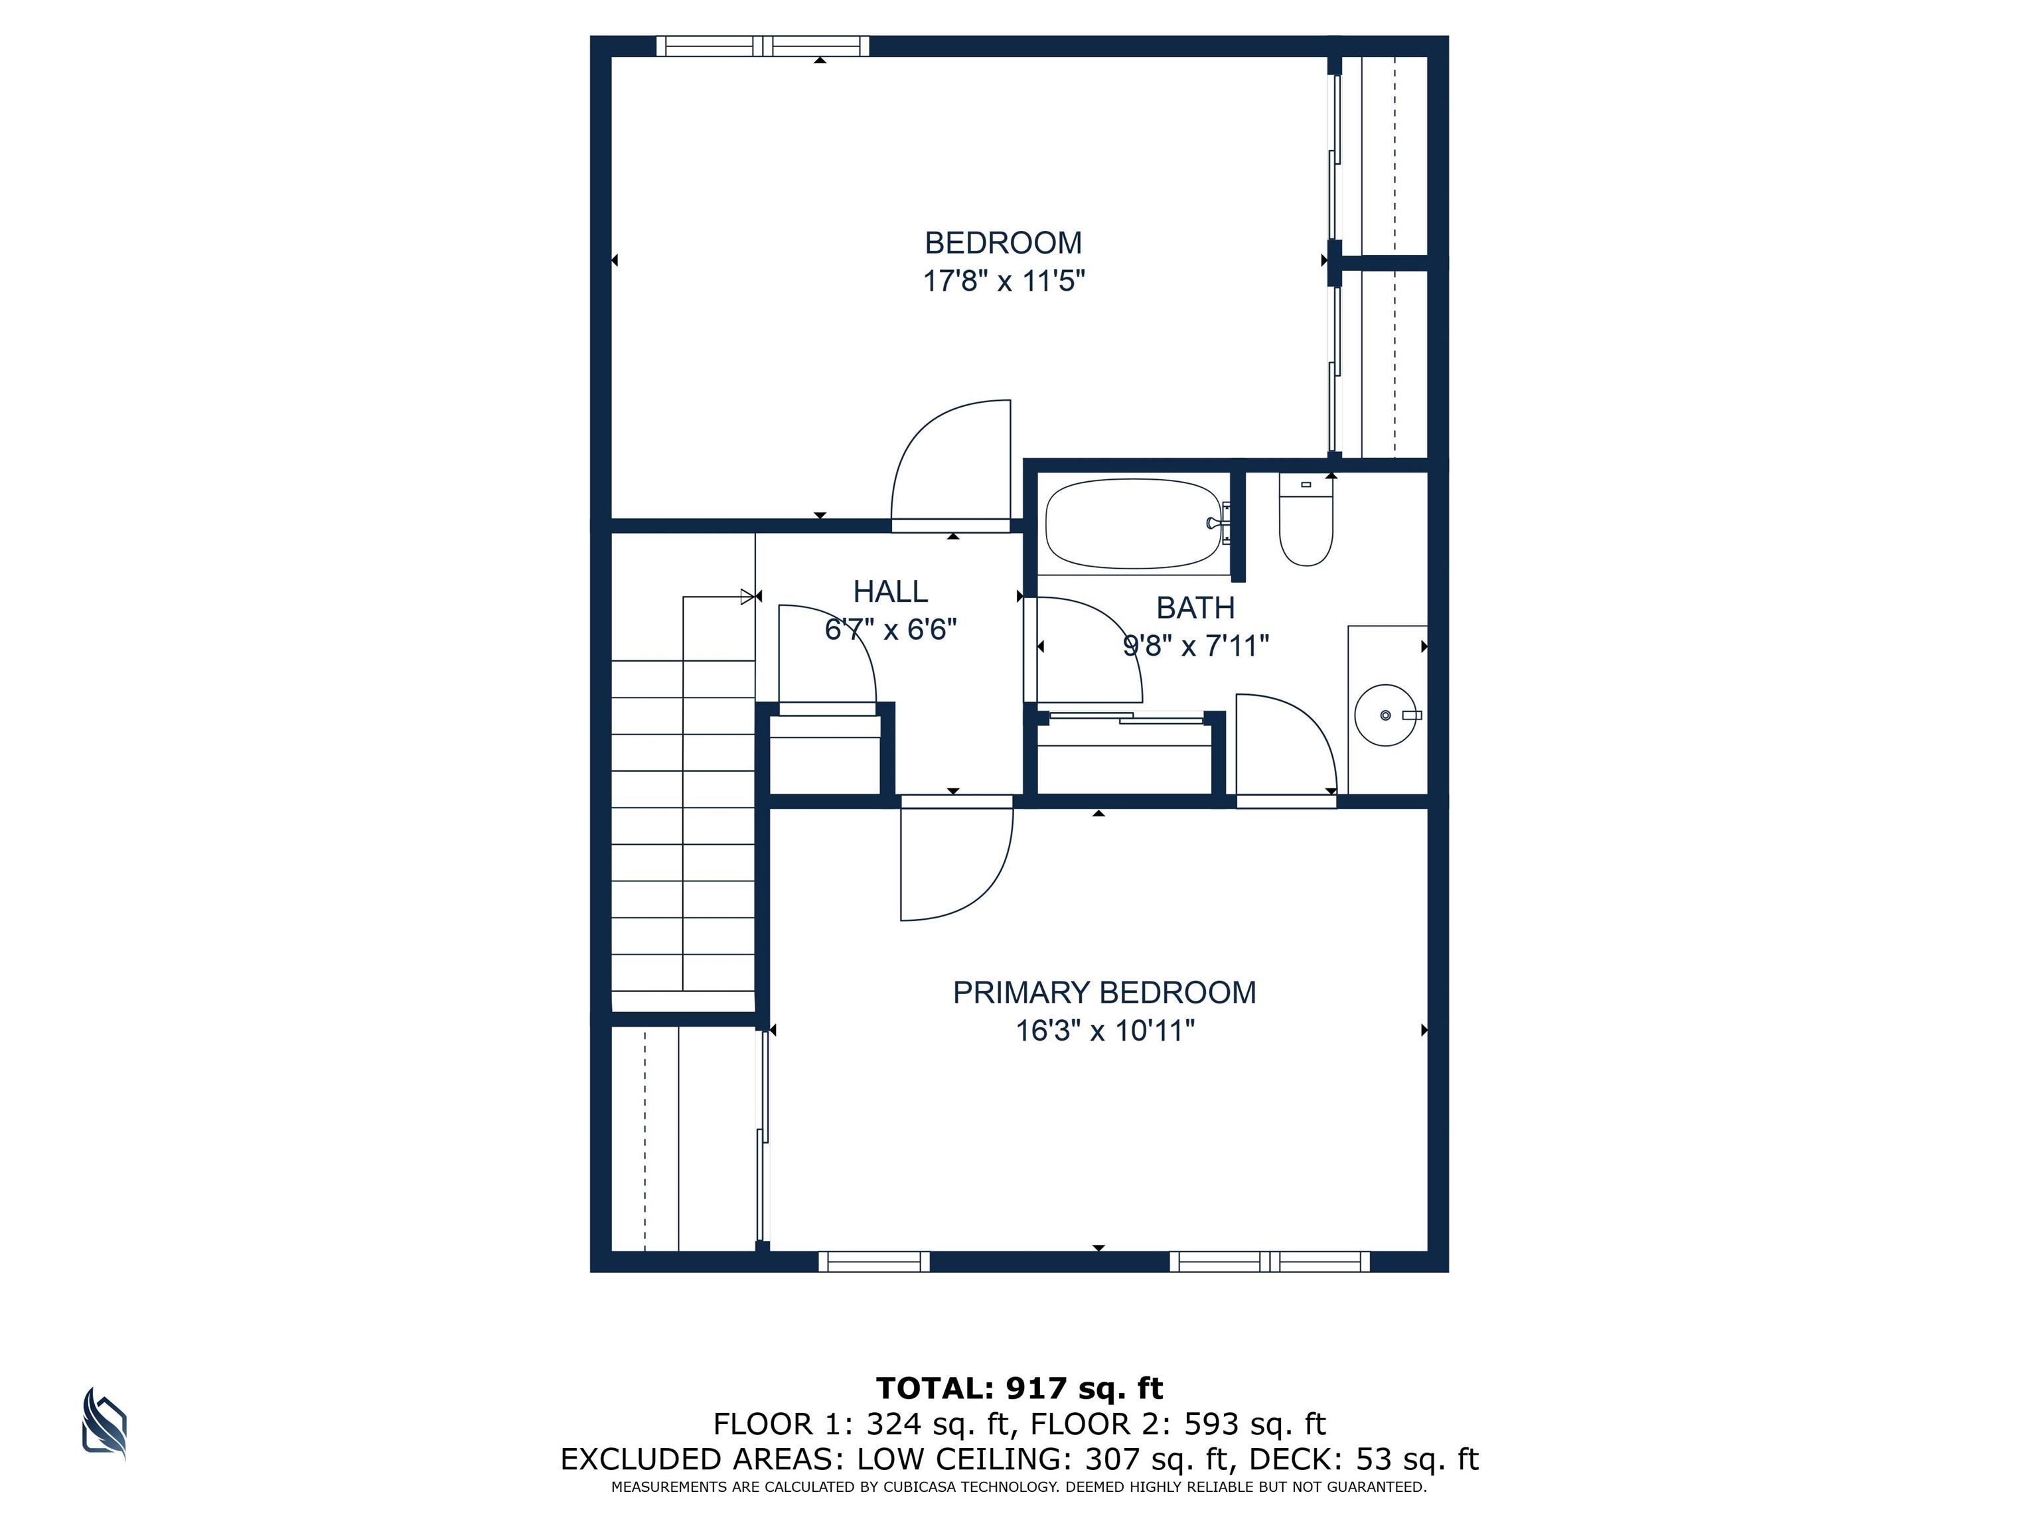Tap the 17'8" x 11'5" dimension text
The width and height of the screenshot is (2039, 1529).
tap(1004, 280)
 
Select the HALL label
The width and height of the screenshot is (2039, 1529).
tap(891, 591)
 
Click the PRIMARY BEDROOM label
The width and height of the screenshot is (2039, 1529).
tap(1104, 993)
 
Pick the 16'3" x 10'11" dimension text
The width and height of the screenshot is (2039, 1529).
tap(1105, 1031)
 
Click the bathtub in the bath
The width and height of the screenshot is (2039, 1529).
tap(1135, 524)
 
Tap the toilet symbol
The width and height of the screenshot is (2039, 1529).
tap(1306, 521)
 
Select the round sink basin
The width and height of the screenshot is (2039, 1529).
tap(1385, 715)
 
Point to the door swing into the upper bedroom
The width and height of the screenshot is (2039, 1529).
tap(950, 460)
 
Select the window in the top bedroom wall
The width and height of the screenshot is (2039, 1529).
tap(763, 46)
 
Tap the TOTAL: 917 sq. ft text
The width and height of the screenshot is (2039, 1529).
tap(1019, 1388)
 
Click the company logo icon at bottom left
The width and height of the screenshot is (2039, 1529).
tap(104, 1424)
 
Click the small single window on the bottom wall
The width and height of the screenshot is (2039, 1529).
tap(874, 1262)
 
